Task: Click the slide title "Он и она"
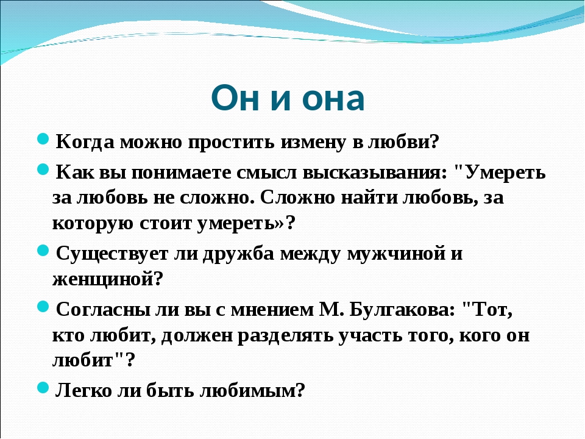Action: point(288,98)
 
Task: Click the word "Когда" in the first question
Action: point(85,142)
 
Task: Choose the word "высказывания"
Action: point(374,173)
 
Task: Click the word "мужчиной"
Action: point(396,254)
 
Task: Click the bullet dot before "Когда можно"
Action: point(43,139)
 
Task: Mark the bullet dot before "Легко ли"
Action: point(43,388)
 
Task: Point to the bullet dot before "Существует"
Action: point(43,251)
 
